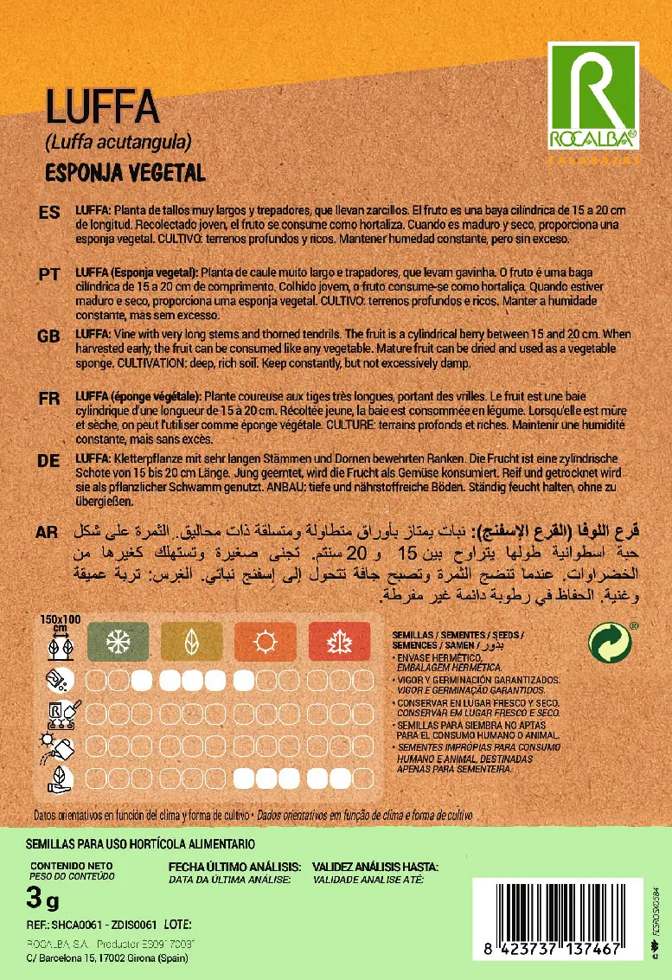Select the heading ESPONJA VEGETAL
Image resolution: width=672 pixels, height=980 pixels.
tap(125, 172)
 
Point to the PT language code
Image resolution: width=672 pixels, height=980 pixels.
tap(49, 274)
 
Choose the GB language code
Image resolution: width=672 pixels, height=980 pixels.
tap(49, 336)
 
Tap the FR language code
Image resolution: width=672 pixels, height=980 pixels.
tap(49, 398)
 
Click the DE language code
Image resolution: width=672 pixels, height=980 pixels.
tap(49, 461)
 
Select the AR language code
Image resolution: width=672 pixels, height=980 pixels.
tap(49, 532)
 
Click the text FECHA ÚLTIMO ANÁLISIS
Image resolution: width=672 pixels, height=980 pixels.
tap(234, 867)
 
